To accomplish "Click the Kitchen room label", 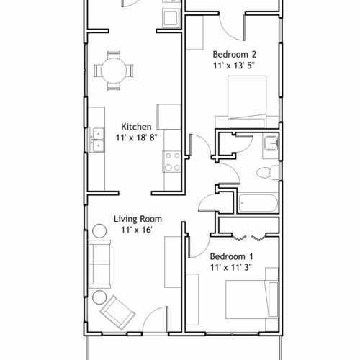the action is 136,127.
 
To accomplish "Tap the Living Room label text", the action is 138,219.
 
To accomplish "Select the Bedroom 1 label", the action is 231,256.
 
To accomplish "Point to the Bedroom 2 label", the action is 235,54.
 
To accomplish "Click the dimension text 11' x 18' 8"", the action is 137,138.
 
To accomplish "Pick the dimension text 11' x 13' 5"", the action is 233,66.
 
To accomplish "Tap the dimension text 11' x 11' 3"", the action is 231,267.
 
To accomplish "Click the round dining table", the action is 114,71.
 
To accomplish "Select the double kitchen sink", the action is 96,140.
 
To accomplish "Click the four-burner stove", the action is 171,161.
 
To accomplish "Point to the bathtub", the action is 258,203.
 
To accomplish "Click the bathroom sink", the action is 271,143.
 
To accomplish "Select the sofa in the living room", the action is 99,264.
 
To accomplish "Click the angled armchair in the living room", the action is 117,312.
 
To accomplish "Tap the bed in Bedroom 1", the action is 252,300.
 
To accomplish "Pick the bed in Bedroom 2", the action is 247,102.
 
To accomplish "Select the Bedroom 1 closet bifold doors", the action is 250,237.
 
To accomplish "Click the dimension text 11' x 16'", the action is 137,230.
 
